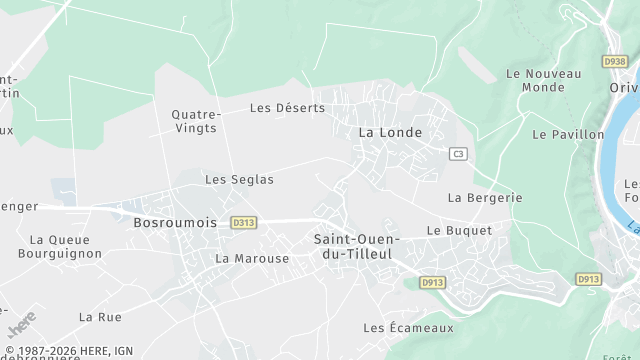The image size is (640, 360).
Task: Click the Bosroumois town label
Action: coord(175,222)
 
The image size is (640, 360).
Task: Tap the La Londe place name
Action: coord(390,132)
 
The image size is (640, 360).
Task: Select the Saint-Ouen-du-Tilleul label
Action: coord(357,247)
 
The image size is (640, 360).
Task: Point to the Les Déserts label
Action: coord(287,108)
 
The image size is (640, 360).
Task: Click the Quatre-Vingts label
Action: coord(196,121)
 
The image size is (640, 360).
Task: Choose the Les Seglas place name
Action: coord(239,179)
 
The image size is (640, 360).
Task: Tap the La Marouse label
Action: coord(252,258)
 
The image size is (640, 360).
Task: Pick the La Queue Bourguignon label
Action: coord(66,246)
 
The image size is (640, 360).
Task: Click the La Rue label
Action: coord(100,317)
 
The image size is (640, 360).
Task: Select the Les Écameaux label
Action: coord(408,327)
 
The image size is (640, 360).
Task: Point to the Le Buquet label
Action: coord(459,230)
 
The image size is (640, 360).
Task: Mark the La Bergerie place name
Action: coord(485,197)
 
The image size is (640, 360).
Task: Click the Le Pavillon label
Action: coord(568,134)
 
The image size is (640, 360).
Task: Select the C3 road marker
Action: coord(458,153)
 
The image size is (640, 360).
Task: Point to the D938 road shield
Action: coord(614,61)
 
